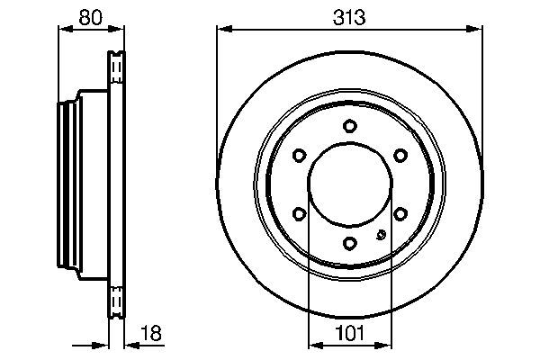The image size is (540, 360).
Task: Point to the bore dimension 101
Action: [x=350, y=335]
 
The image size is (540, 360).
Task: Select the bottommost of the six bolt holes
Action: [x=350, y=242]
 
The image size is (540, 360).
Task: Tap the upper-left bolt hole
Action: [x=300, y=155]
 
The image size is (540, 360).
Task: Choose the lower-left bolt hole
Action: [x=300, y=213]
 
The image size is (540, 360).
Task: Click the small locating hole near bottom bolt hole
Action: [x=380, y=237]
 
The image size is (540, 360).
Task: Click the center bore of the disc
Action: [x=350, y=184]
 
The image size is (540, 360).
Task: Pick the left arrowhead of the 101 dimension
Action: [x=313, y=345]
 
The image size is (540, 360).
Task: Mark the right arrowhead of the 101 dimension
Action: [x=387, y=345]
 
